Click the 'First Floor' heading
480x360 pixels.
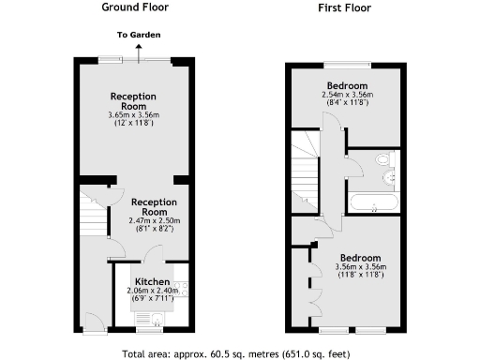[344, 7]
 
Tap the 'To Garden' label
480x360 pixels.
[138, 35]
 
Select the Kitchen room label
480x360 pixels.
[152, 281]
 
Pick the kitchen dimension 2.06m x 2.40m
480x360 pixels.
[152, 292]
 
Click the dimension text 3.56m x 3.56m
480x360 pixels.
[360, 266]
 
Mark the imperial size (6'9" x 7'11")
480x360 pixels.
[152, 300]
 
